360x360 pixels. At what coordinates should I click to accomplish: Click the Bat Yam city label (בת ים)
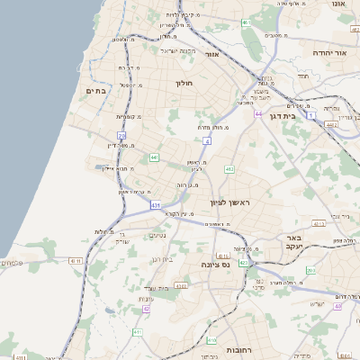95,91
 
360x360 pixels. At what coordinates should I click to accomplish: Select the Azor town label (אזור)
212,55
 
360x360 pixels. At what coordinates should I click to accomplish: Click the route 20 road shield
121,136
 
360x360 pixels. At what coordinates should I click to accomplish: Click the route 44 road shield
257,114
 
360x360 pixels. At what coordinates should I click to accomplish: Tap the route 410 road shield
211,341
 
